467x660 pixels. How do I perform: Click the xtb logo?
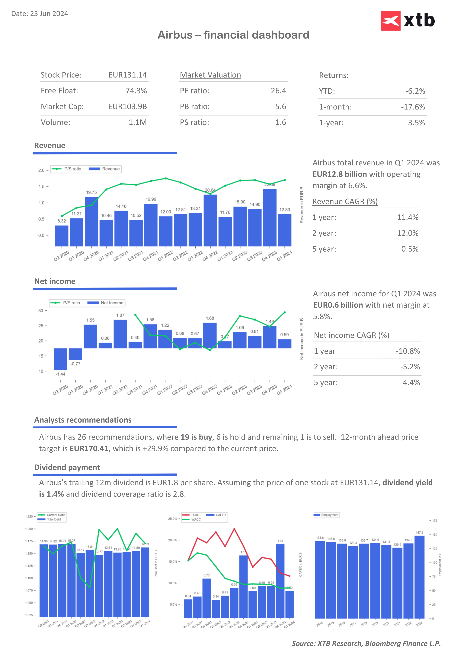tap(408, 21)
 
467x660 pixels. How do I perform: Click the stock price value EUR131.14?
tap(127, 75)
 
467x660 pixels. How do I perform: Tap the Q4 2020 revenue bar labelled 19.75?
tap(91, 221)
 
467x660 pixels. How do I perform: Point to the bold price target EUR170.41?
tap(89, 449)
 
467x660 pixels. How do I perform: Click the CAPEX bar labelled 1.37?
tap(280, 581)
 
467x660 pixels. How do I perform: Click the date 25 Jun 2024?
tap(49, 14)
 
